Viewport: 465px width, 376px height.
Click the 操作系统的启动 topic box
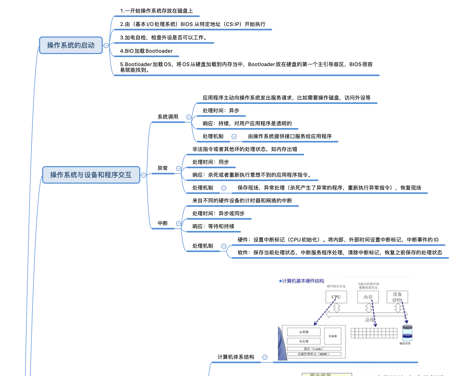(x=71, y=45)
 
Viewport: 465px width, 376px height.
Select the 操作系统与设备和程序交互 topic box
(x=91, y=175)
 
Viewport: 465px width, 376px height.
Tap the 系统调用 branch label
(x=168, y=117)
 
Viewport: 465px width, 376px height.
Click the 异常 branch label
(x=162, y=168)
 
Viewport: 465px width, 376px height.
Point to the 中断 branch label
(x=162, y=223)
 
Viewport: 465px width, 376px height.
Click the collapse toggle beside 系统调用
(x=189, y=117)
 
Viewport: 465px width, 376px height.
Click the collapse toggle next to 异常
(x=179, y=168)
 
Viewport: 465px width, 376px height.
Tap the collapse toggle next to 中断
(x=179, y=223)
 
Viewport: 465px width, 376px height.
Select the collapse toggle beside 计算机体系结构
(x=265, y=357)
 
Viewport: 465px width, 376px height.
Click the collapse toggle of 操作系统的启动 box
(x=106, y=46)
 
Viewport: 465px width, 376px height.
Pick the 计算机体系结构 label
(x=236, y=357)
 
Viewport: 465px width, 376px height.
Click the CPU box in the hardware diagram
(x=336, y=297)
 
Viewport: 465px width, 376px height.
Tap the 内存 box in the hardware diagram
(x=368, y=297)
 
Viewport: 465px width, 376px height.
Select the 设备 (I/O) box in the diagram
(x=397, y=297)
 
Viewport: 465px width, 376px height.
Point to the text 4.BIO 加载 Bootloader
(x=146, y=51)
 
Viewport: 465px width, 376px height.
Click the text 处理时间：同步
(x=210, y=162)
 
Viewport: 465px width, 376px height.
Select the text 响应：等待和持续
(x=213, y=226)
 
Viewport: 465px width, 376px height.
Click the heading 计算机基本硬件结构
(x=303, y=281)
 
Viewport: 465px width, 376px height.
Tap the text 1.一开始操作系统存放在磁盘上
(x=156, y=11)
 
